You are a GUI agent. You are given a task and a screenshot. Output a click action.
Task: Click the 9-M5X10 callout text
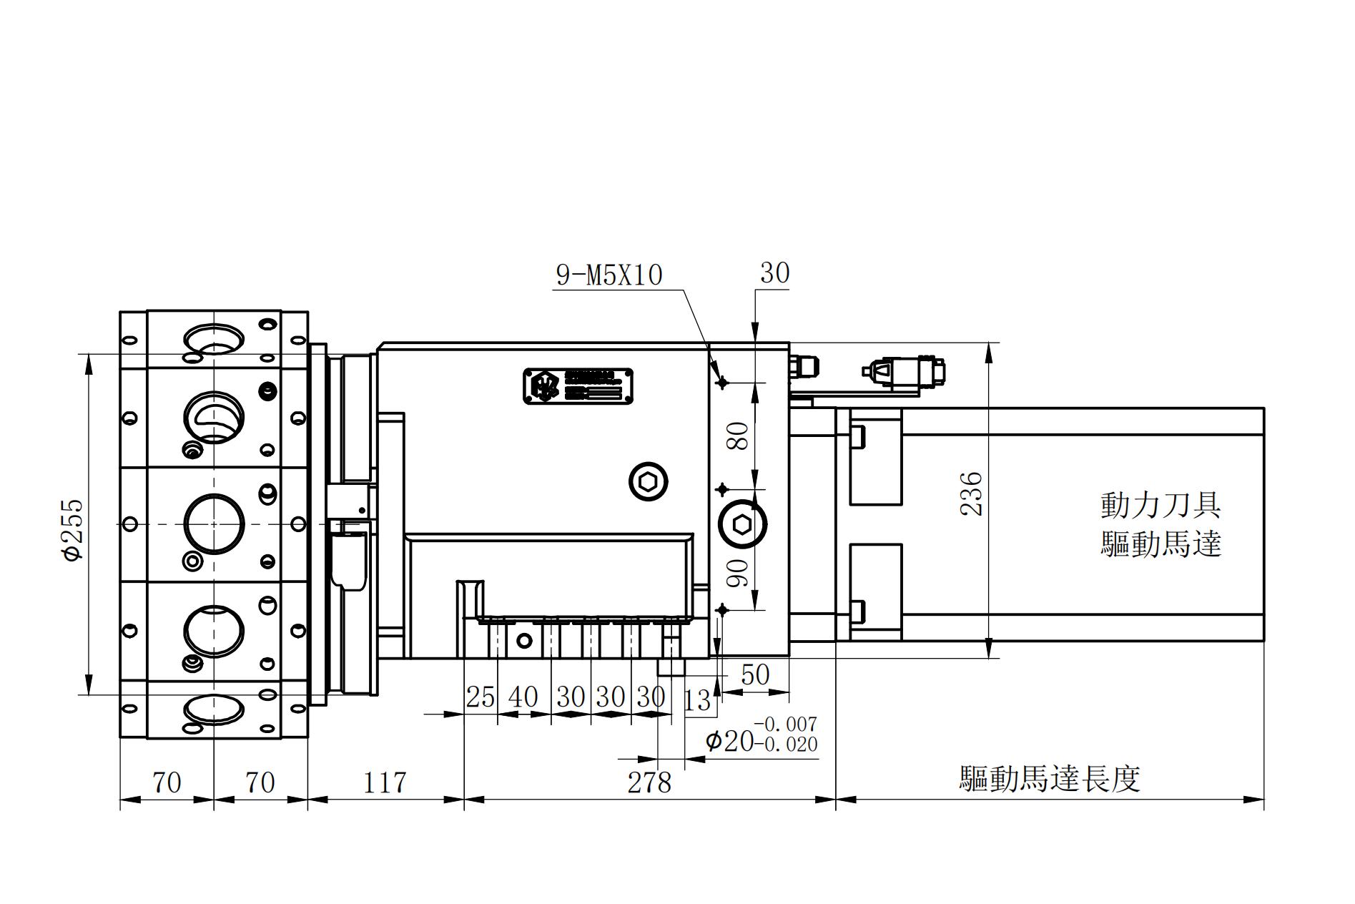(609, 275)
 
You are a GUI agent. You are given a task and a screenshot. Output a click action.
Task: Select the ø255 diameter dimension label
(74, 530)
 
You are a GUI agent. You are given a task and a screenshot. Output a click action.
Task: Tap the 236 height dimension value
(971, 493)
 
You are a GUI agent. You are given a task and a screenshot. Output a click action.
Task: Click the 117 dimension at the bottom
(385, 782)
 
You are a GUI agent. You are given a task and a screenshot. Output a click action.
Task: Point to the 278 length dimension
(649, 782)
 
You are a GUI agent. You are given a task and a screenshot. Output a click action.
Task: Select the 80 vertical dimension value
(741, 436)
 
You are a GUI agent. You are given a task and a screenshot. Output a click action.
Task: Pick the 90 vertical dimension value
(741, 572)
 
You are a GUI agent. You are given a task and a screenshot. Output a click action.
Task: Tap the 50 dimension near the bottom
(755, 674)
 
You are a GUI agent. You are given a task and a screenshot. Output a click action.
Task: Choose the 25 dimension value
(480, 697)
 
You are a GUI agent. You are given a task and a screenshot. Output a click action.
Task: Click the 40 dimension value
(523, 697)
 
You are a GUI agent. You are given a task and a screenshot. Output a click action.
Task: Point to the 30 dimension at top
(774, 273)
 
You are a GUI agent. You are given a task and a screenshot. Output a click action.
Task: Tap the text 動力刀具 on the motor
(1160, 505)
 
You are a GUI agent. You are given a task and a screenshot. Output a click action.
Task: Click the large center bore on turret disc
(214, 524)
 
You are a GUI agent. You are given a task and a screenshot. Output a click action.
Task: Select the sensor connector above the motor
(905, 373)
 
